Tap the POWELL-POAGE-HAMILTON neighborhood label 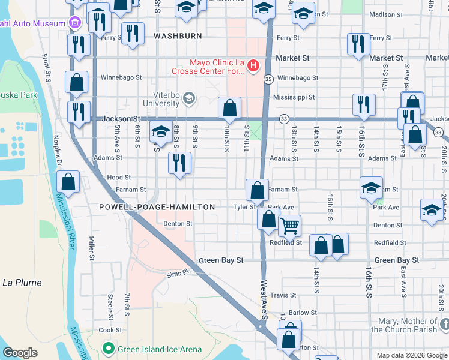(x=157, y=207)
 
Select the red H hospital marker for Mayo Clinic (x=253, y=65)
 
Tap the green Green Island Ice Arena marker (x=108, y=347)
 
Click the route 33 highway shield (x=283, y=119)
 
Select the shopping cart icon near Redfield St (x=289, y=226)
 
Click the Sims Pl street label (x=178, y=273)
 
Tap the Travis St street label (x=283, y=295)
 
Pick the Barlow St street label (x=302, y=313)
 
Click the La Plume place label (x=22, y=283)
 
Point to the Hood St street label (x=118, y=178)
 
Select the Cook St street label (x=110, y=330)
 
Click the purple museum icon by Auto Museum (x=74, y=23)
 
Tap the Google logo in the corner (x=20, y=353)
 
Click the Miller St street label (x=92, y=248)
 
